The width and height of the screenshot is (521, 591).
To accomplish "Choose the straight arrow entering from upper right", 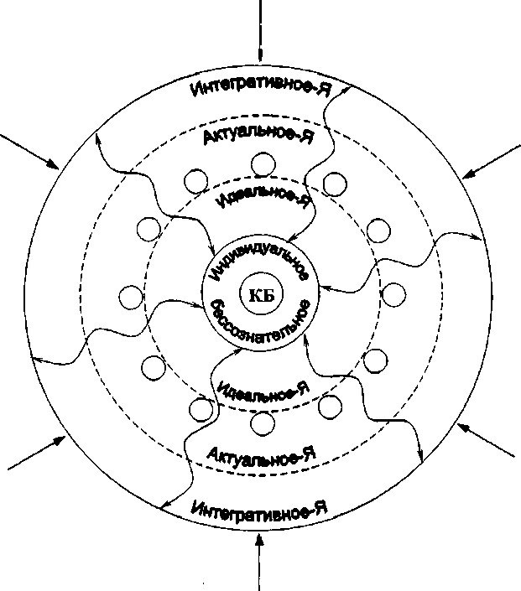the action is click(x=491, y=162).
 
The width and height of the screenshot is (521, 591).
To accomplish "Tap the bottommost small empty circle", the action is click(x=264, y=425).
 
